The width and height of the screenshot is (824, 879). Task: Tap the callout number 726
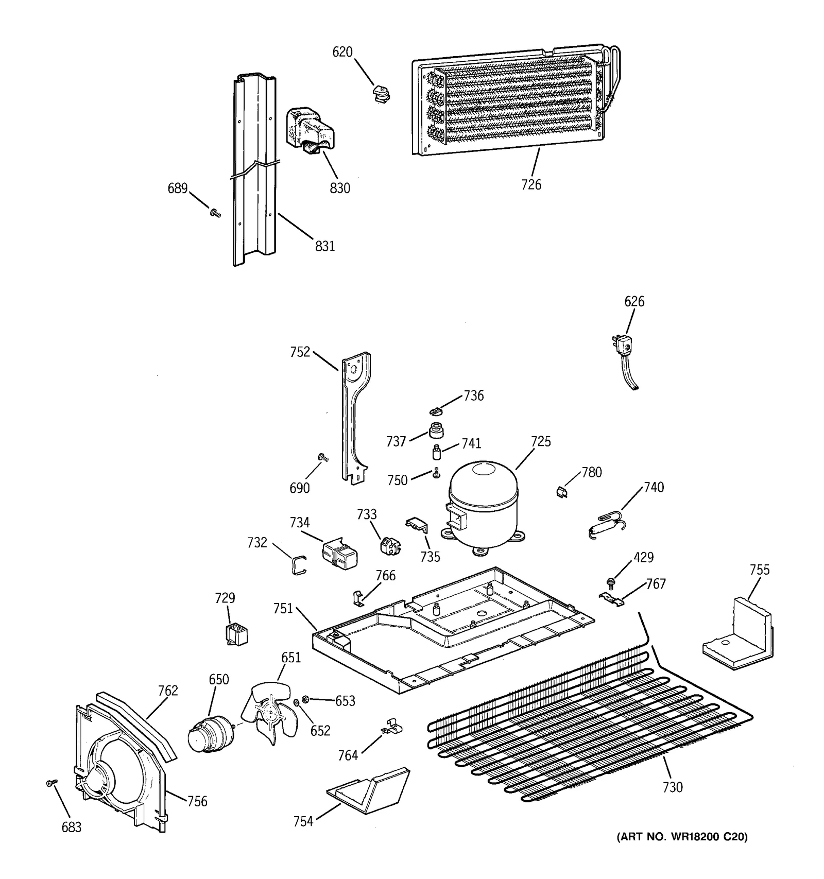coord(531,184)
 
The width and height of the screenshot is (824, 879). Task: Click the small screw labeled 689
coord(215,212)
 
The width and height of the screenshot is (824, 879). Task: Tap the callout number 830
coord(340,188)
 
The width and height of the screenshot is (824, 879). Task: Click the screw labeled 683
coord(51,783)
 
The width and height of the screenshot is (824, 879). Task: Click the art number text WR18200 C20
coord(682,837)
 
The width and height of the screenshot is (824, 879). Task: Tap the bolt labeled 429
coord(611,582)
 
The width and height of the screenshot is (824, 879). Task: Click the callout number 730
coord(673,787)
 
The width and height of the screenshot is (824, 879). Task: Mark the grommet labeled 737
coord(436,430)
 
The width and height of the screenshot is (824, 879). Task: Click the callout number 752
coord(300,352)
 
